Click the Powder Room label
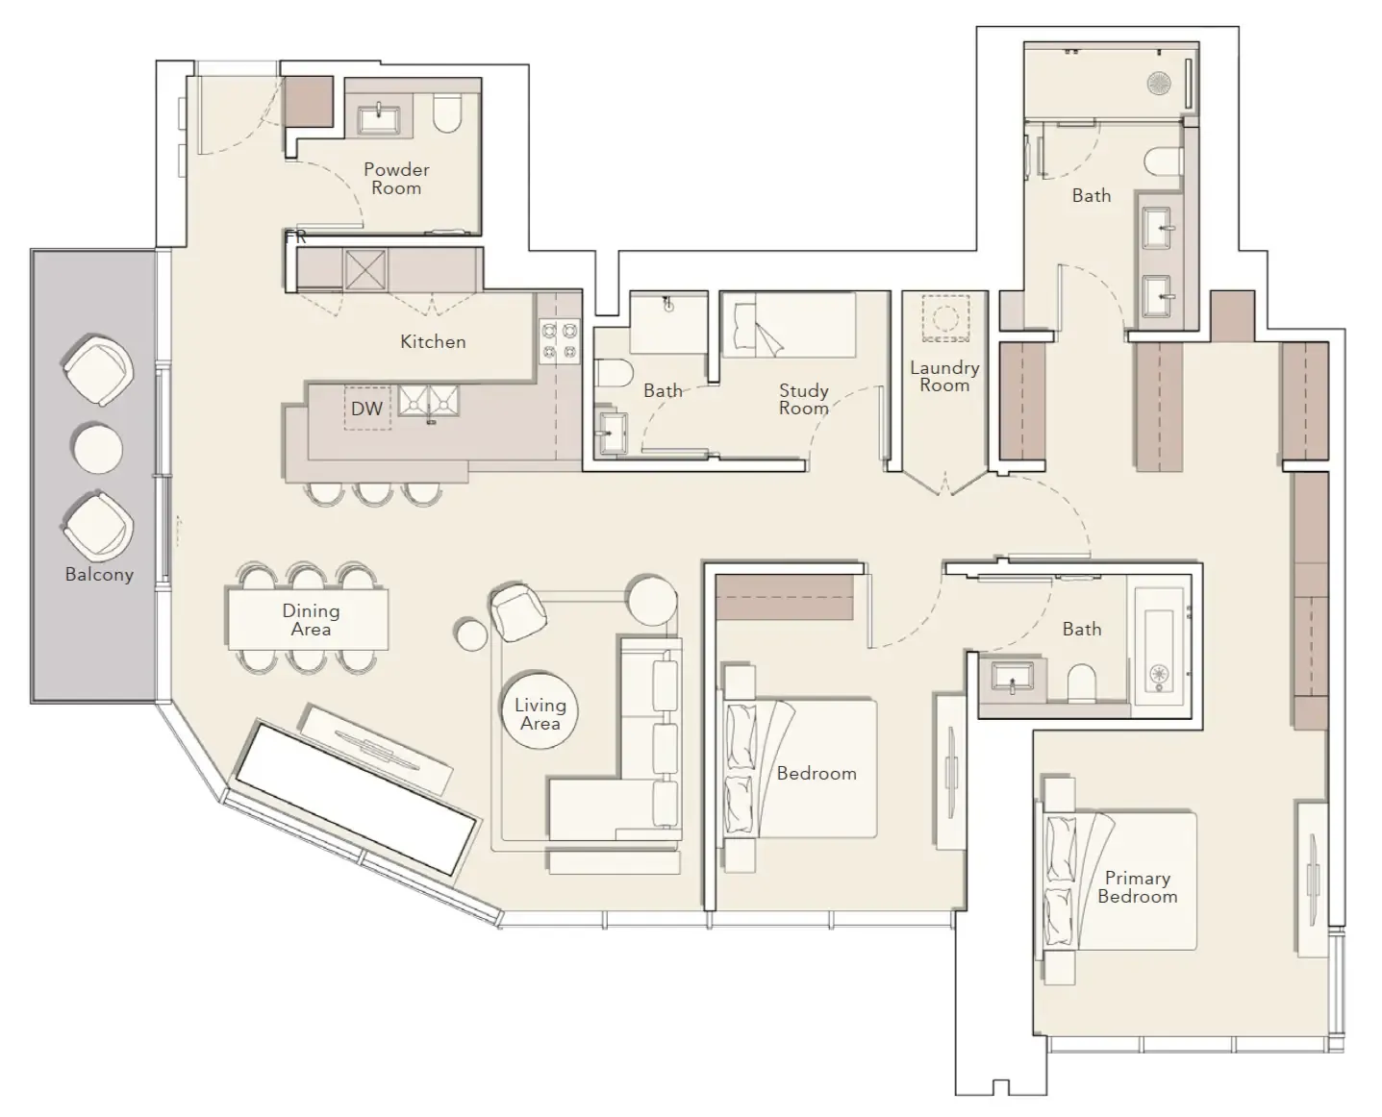click(x=396, y=179)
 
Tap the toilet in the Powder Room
click(x=448, y=113)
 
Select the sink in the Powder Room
click(x=380, y=119)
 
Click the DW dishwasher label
click(x=366, y=409)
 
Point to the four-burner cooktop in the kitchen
click(x=559, y=340)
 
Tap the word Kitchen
click(x=433, y=341)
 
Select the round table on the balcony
click(x=97, y=449)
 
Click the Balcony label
click(x=99, y=575)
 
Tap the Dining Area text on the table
click(x=311, y=620)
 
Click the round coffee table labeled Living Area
click(x=540, y=710)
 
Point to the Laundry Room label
click(x=944, y=376)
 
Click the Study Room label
click(x=803, y=399)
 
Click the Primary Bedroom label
click(x=1137, y=887)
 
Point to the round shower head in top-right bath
click(x=1159, y=84)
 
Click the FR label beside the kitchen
click(x=295, y=236)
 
